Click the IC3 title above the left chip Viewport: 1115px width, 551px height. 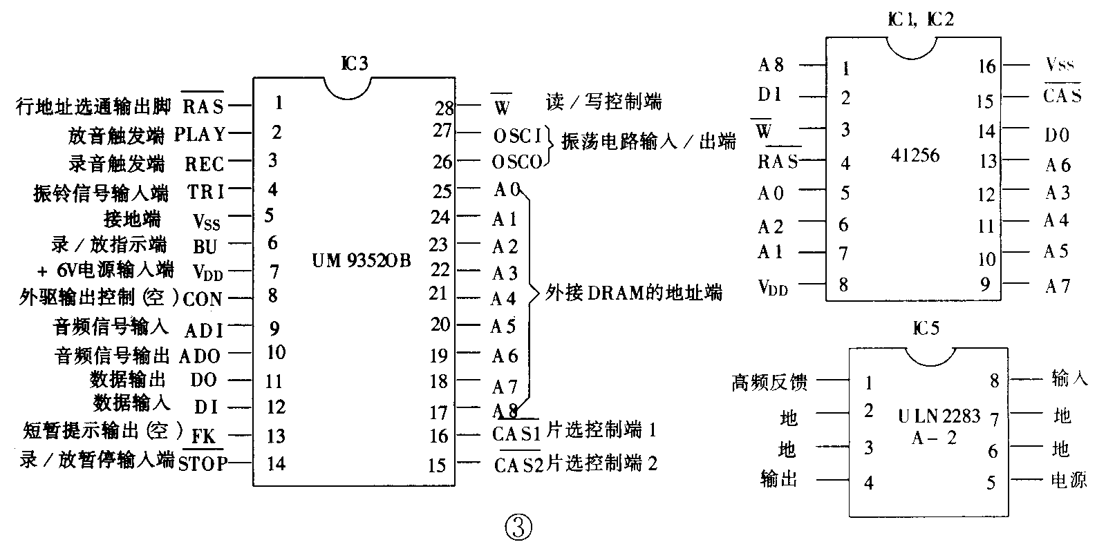pos(355,64)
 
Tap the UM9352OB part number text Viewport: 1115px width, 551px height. pos(362,261)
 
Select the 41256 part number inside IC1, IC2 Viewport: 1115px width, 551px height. pos(915,155)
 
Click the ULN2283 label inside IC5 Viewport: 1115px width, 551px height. pos(939,416)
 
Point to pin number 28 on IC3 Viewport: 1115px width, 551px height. pos(444,108)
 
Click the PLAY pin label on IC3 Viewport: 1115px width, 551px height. pos(199,134)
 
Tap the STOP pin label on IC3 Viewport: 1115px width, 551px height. pos(202,463)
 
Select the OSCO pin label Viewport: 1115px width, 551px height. pos(517,162)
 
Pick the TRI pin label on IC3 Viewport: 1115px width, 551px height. pos(206,191)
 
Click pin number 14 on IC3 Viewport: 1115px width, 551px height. pos(276,463)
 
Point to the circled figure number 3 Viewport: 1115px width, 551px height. pos(519,528)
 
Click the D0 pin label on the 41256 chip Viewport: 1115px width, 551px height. pos(1056,135)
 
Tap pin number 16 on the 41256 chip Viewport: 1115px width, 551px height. pos(986,66)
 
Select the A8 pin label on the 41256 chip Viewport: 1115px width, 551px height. pos(771,65)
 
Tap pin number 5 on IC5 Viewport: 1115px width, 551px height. pos(991,483)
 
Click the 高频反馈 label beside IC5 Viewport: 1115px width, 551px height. pos(769,382)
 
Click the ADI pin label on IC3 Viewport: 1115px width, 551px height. pos(204,330)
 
